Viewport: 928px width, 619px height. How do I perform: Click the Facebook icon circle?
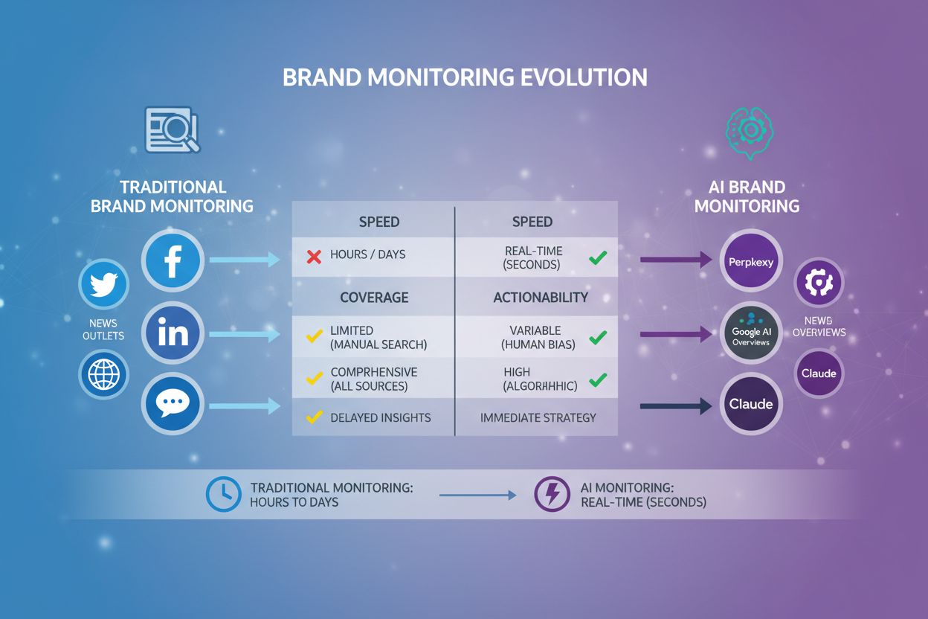point(173,260)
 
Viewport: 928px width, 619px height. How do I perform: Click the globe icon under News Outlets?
point(104,374)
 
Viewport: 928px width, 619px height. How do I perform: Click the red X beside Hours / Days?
point(314,257)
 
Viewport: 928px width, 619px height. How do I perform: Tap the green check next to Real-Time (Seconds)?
point(597,258)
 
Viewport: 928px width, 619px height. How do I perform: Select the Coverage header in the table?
point(374,297)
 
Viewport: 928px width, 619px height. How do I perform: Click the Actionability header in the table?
point(541,297)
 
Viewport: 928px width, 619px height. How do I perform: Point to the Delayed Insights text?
point(380,417)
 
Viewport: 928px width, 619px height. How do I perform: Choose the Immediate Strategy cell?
point(538,417)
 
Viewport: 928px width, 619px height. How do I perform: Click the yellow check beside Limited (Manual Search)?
point(314,337)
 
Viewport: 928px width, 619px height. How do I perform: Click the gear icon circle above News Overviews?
point(819,283)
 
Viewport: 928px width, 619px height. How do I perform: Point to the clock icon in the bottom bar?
point(223,494)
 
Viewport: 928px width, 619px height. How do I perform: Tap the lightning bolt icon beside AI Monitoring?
point(552,494)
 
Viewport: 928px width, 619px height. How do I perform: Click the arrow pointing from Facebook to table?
point(245,260)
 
